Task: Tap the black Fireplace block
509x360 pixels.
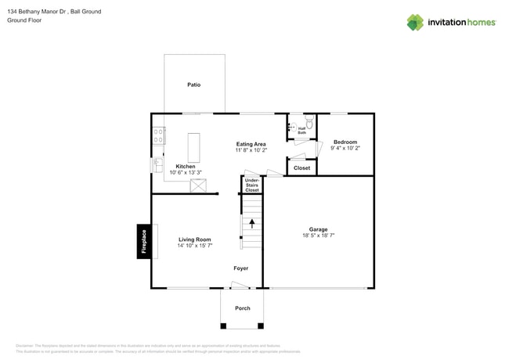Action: click(144, 242)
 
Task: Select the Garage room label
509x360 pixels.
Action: click(318, 229)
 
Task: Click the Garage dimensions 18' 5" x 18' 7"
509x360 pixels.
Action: click(318, 236)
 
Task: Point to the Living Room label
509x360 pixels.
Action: click(195, 239)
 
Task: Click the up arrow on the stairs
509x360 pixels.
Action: click(251, 224)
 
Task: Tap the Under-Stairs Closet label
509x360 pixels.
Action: click(251, 185)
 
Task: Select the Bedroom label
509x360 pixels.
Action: click(345, 142)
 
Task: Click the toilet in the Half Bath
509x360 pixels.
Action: click(309, 123)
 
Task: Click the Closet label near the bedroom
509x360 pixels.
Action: click(301, 167)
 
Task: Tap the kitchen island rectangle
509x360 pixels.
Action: click(193, 147)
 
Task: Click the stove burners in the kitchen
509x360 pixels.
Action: click(157, 135)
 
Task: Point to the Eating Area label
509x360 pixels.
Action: click(251, 144)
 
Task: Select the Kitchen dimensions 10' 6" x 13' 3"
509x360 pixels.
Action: click(186, 172)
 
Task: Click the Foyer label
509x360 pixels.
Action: click(241, 268)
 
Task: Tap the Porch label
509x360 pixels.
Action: click(243, 308)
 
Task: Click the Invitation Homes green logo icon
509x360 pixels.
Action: click(415, 23)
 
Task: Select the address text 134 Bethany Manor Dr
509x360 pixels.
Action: click(40, 12)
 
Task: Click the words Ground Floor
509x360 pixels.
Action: click(24, 20)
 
